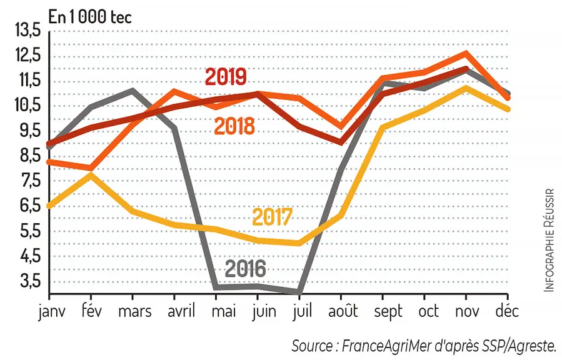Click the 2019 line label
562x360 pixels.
[226, 76]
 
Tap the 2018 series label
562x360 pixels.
[234, 126]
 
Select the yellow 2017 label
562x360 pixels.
[273, 217]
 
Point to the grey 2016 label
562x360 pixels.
[246, 268]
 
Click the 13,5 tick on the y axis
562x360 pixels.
[28, 30]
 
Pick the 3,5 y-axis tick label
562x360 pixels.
[31, 281]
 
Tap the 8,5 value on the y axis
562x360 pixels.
[31, 156]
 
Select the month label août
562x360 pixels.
[343, 311]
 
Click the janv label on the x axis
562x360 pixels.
[52, 312]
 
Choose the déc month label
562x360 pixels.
[507, 310]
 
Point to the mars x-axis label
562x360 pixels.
[135, 312]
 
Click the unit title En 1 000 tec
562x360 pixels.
[90, 17]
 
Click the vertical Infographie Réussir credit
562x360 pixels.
[549, 240]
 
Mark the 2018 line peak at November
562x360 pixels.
[466, 53]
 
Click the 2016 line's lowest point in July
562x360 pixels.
[299, 292]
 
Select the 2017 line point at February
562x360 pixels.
[91, 174]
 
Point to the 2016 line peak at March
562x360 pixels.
[133, 90]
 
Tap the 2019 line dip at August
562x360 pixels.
[341, 142]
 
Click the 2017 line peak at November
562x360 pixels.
[466, 87]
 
